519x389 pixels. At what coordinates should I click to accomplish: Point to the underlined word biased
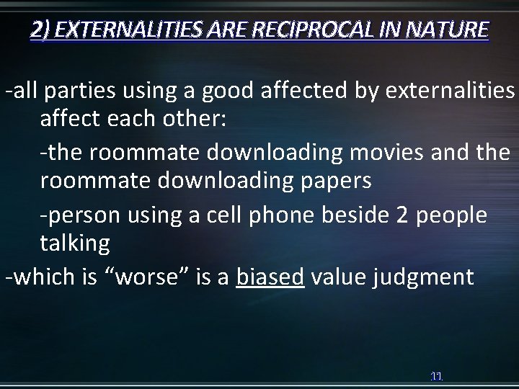pyautogui.click(x=269, y=277)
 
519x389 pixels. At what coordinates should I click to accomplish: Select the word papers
pyautogui.click(x=337, y=181)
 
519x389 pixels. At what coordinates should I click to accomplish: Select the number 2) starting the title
pyautogui.click(x=41, y=30)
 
